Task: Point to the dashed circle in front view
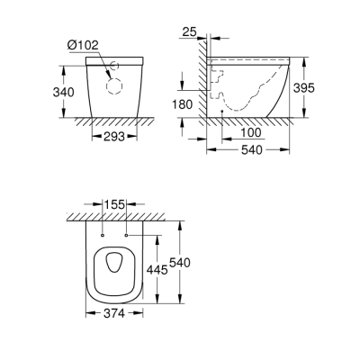[x=114, y=86]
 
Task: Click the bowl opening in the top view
[x=115, y=264]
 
